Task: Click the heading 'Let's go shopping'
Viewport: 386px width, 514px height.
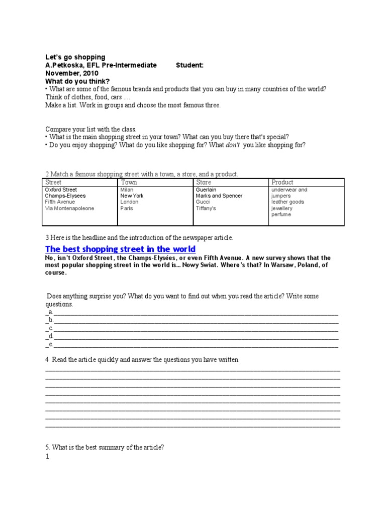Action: click(75, 57)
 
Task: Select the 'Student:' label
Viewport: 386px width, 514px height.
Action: click(190, 65)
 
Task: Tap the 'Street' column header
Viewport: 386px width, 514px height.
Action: click(53, 182)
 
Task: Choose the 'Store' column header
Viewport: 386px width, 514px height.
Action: click(204, 182)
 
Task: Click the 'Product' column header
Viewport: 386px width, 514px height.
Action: click(282, 182)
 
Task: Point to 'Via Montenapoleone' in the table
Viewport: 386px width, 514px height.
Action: click(69, 208)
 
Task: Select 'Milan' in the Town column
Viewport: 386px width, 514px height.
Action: click(127, 190)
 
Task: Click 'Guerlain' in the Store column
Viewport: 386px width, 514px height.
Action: click(206, 190)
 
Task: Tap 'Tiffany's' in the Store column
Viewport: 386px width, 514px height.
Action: click(206, 208)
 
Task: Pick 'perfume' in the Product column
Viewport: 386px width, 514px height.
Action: click(281, 214)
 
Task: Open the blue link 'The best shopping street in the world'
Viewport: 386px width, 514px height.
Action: click(121, 249)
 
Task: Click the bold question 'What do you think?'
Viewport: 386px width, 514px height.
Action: click(77, 81)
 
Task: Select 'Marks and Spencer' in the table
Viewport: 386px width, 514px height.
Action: click(219, 196)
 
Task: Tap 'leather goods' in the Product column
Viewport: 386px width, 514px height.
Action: click(287, 202)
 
